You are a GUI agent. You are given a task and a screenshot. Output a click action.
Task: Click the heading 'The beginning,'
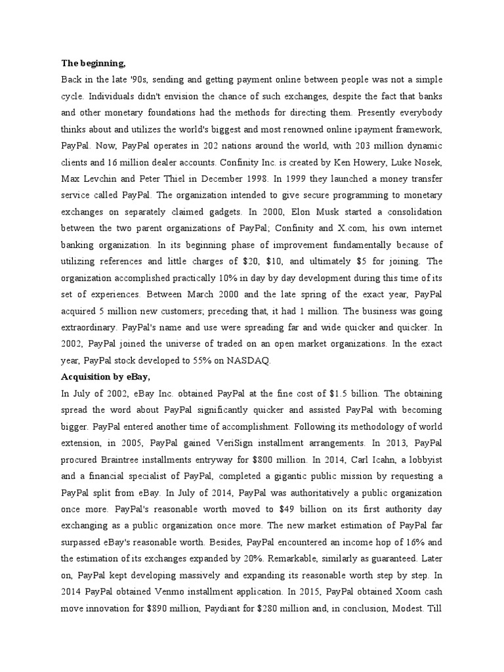coord(93,64)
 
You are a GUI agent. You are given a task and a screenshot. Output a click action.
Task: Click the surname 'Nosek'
coord(428,162)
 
